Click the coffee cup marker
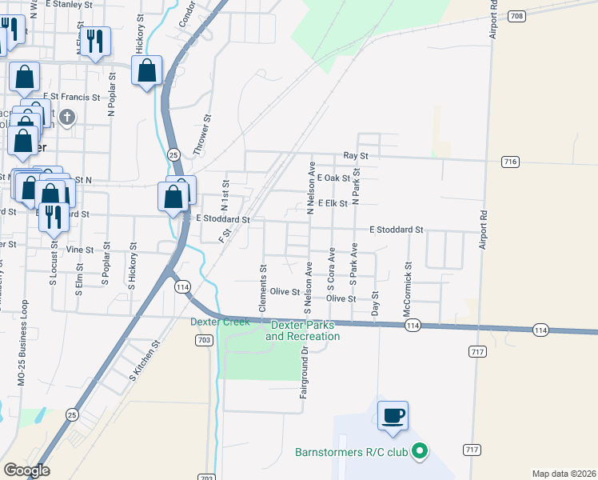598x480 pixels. coord(393,416)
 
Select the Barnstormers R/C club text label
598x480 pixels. coord(352,453)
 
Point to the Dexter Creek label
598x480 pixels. coord(220,322)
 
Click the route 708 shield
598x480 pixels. coord(516,16)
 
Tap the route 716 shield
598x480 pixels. coord(509,162)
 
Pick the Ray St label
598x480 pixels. coord(355,155)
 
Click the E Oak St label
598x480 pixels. coord(333,178)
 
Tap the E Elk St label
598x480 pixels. coord(332,203)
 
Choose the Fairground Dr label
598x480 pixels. coord(304,374)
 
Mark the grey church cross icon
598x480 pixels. coord(67,118)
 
